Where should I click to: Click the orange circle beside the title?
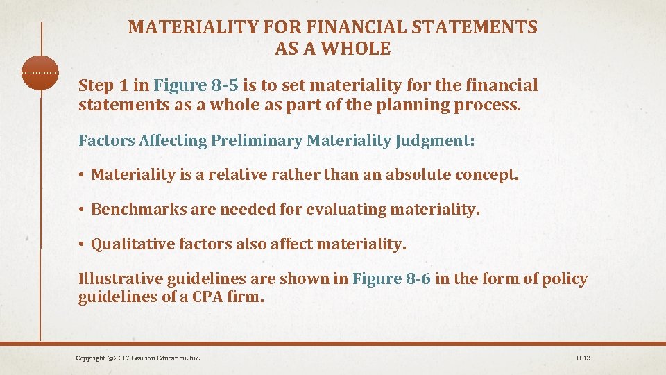(x=40, y=72)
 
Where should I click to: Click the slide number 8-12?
(x=582, y=358)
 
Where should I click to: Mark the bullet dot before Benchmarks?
(x=82, y=209)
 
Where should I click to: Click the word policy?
(x=564, y=279)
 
